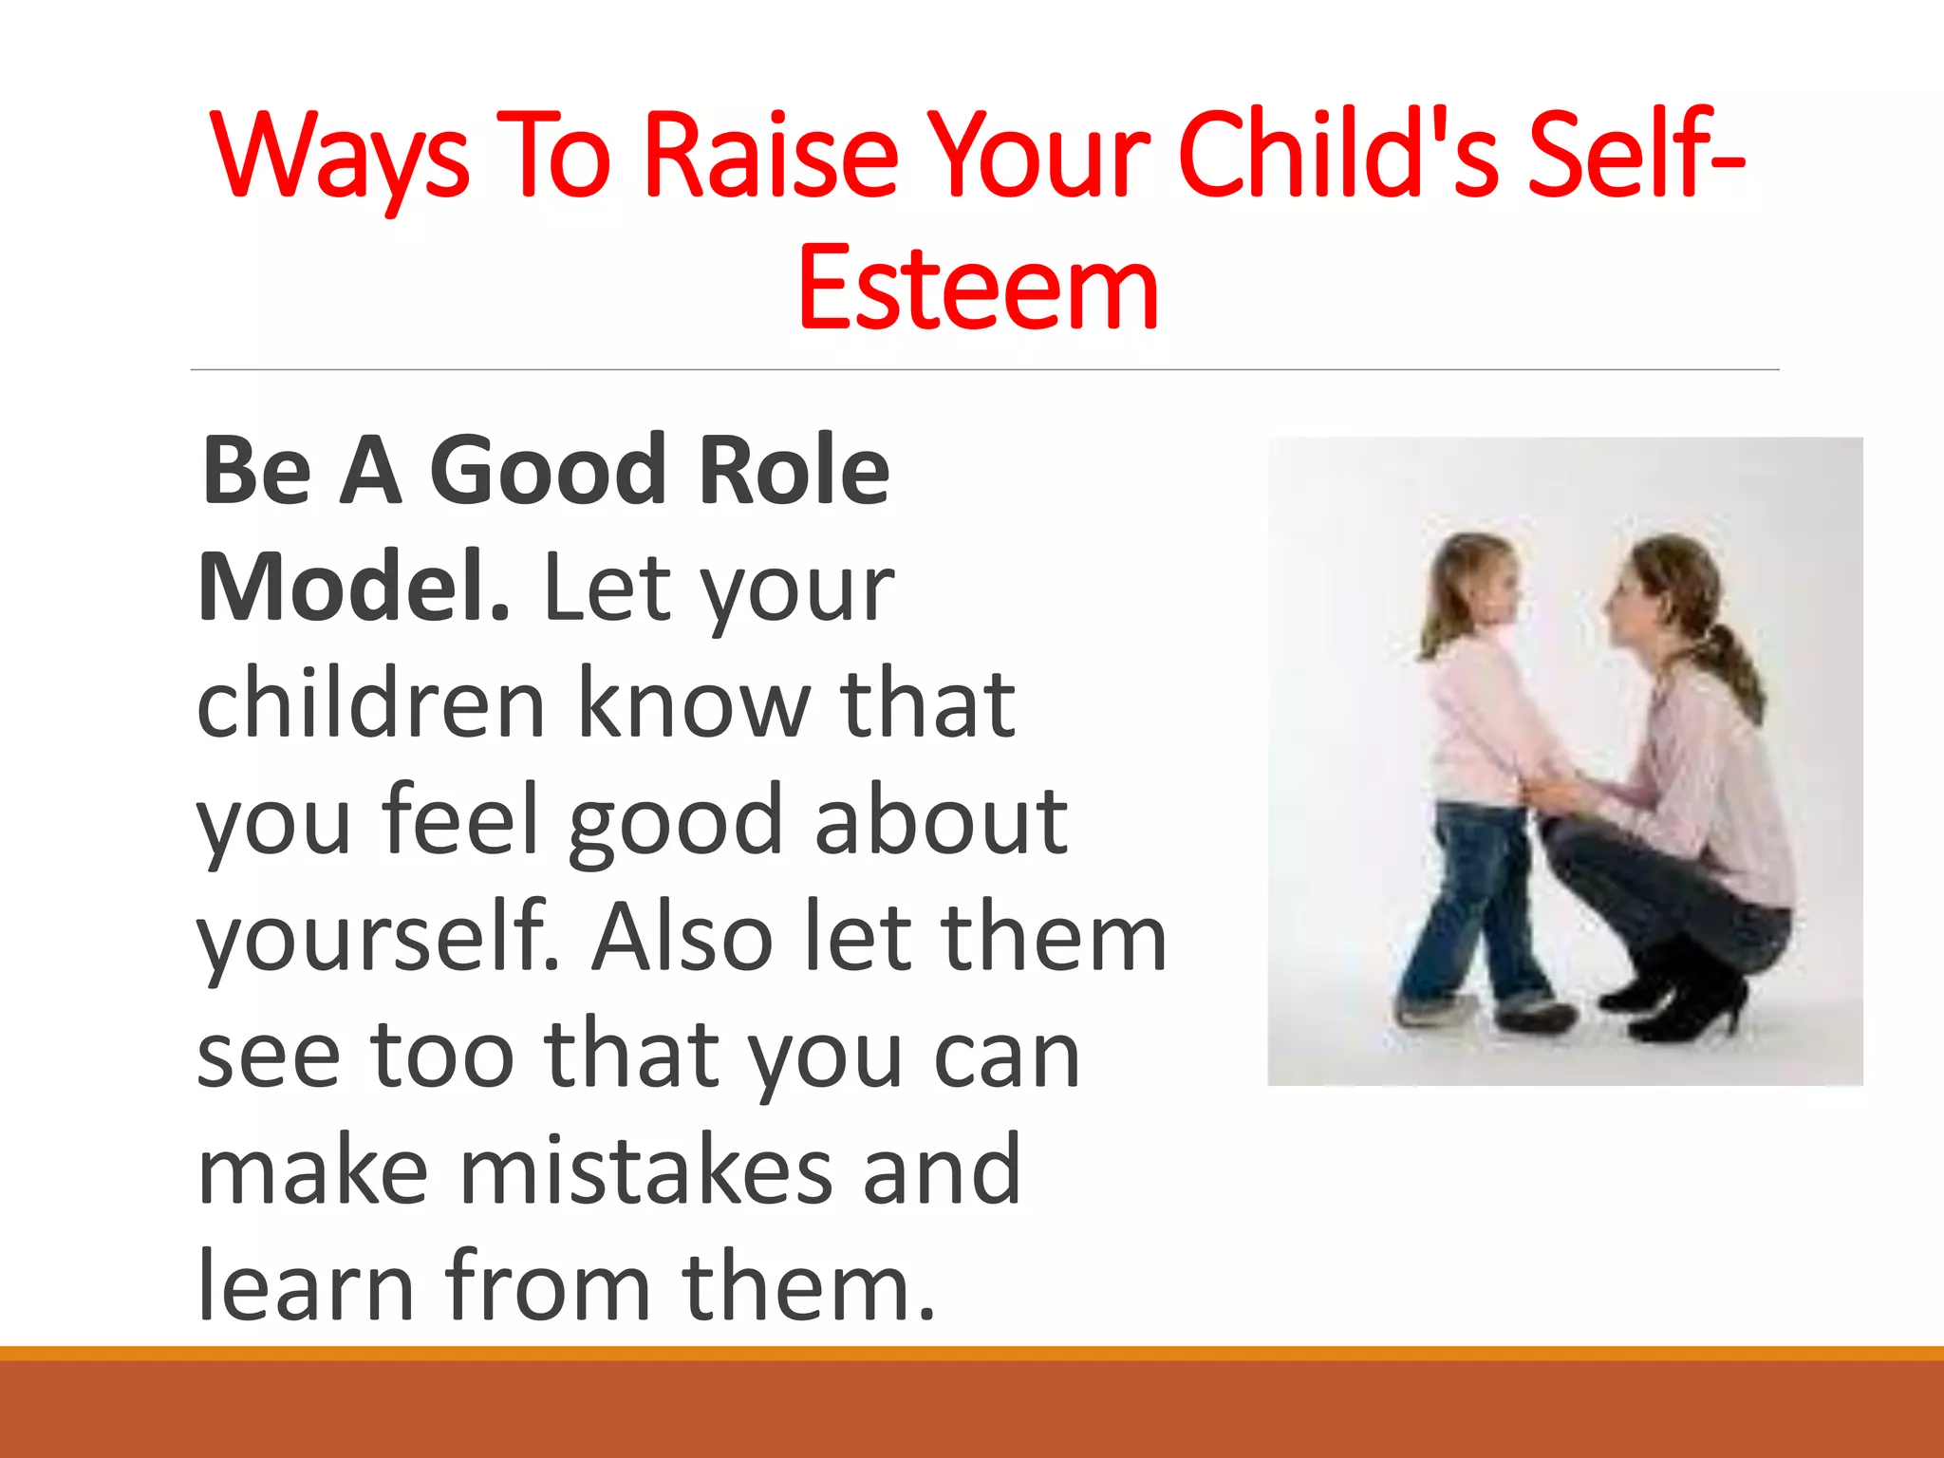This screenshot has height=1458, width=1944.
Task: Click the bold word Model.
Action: pos(353,588)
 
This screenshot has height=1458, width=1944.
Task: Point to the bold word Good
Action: pos(549,470)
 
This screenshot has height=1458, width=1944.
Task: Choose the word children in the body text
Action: pos(371,704)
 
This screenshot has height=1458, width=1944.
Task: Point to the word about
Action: pos(941,821)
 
